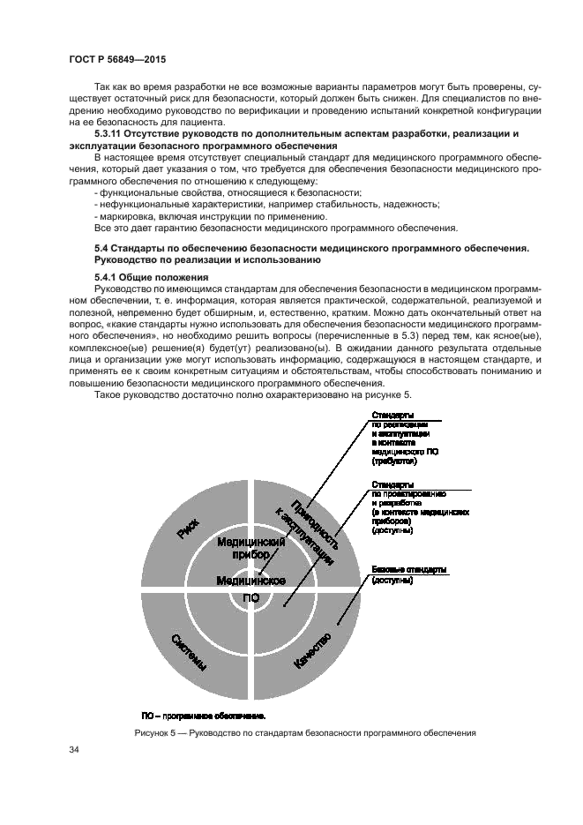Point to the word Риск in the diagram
pos(188,529)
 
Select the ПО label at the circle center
pos(250,597)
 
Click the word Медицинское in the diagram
pos(250,580)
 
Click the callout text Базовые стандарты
pos(409,568)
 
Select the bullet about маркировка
pos(205,216)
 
